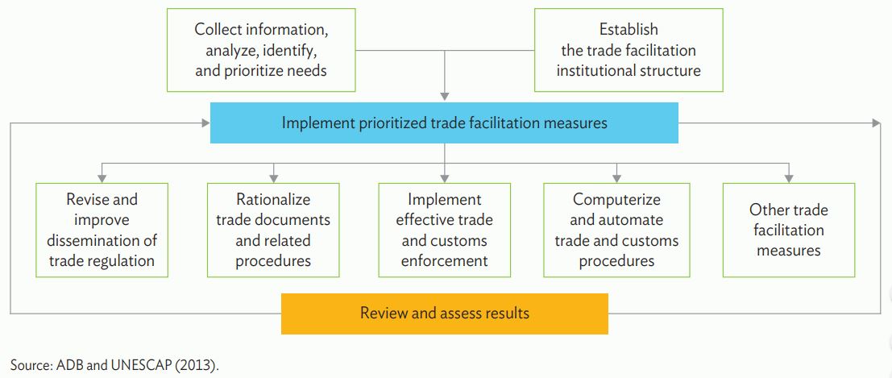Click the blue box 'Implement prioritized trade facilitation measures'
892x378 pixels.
pyautogui.click(x=444, y=123)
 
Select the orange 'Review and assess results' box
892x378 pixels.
pyautogui.click(x=444, y=313)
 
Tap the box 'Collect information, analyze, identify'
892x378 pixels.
pyautogui.click(x=261, y=49)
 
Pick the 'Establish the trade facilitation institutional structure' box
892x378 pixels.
pyautogui.click(x=628, y=49)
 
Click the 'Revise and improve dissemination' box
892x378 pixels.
pyautogui.click(x=102, y=230)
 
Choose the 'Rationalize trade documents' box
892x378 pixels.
pyautogui.click(x=273, y=230)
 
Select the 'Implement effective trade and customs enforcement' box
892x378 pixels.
pyautogui.click(x=444, y=230)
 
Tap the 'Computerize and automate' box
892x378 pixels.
pyautogui.click(x=616, y=230)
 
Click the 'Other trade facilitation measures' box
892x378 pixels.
pyautogui.click(x=788, y=230)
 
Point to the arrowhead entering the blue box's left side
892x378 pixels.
pyautogui.click(x=205, y=123)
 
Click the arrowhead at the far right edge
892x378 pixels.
pyautogui.click(x=876, y=123)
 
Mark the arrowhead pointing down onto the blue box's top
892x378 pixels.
pyautogui.click(x=444, y=97)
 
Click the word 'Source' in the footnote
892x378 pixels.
pyautogui.click(x=30, y=364)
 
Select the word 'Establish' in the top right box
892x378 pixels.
pyautogui.click(x=628, y=30)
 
